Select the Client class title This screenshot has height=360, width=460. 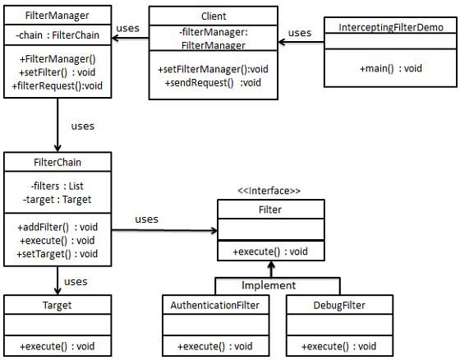pos(213,16)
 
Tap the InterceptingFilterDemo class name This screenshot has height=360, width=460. pos(391,27)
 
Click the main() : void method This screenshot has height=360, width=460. pos(390,68)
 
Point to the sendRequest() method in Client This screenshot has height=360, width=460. pos(213,82)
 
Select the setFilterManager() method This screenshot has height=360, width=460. pos(213,70)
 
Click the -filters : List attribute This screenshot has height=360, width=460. pos(54,185)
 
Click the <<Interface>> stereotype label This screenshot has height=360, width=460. pos(269,191)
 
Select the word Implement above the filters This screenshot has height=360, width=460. pos(269,285)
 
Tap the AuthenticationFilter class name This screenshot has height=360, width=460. pos(215,305)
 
